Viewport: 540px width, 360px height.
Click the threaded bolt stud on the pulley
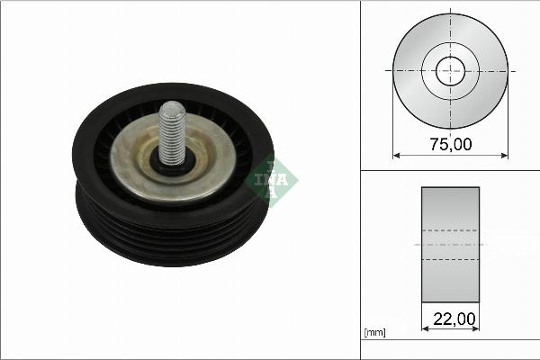[171, 130]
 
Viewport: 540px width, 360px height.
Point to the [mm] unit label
[374, 333]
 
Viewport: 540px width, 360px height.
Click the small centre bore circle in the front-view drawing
[450, 69]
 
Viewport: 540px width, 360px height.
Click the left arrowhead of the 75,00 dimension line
[396, 155]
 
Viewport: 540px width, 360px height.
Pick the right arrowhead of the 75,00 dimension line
[505, 155]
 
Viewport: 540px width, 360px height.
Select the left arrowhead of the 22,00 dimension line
[424, 328]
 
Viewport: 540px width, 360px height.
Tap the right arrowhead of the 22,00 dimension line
[476, 328]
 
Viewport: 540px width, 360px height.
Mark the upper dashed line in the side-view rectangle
[450, 229]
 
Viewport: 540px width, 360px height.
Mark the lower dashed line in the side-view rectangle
[450, 259]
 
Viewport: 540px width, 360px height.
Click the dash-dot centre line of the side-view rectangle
[450, 244]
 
